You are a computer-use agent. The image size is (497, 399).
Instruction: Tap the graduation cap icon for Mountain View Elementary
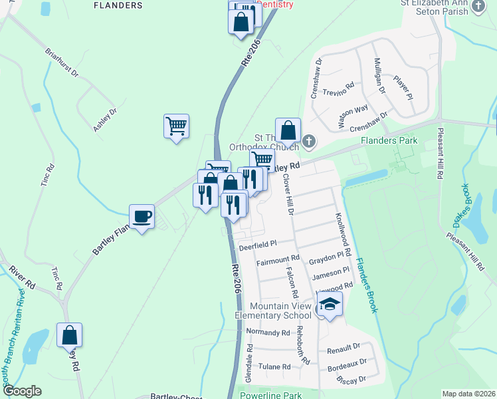coord(330,305)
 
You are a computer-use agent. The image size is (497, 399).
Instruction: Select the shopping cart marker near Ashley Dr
coord(176,125)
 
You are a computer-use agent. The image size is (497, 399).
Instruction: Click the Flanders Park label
coord(389,141)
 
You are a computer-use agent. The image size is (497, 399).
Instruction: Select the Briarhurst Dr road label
coord(62,63)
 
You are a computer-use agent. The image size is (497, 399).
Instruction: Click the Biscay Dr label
coord(351,380)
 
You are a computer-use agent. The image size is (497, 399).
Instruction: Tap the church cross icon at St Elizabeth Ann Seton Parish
coord(478,6)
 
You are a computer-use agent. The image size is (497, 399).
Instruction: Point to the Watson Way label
coord(352,116)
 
